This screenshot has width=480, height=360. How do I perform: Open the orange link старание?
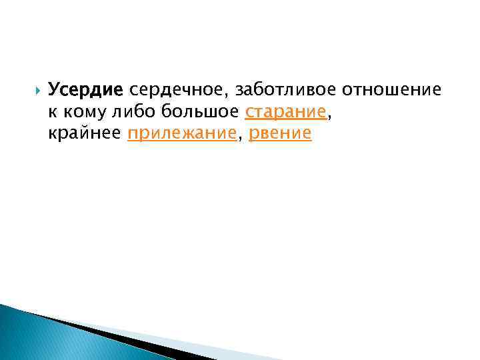[x=287, y=111]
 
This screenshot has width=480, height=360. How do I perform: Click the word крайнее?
[x=85, y=133]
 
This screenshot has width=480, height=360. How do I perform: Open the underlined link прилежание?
[x=181, y=133]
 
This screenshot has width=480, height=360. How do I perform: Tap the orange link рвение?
[x=279, y=133]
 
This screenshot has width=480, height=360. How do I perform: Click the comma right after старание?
[x=330, y=117]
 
